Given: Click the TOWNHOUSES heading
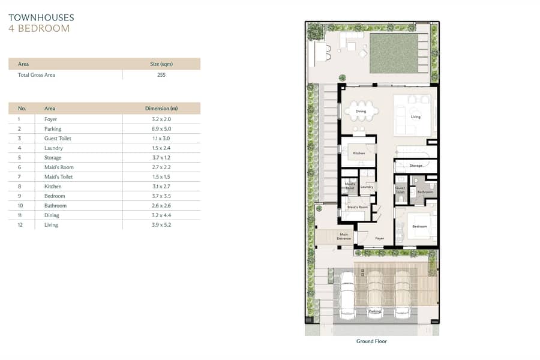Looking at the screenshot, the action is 41,17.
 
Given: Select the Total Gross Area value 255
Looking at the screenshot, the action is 161,75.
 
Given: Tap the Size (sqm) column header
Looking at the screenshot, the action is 161,64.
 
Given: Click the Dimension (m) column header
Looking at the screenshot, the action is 161,108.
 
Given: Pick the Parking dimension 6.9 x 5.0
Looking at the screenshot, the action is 161,128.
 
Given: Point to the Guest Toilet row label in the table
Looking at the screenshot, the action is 58,138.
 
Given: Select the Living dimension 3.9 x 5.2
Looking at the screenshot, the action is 161,224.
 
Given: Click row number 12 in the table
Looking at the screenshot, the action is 20,224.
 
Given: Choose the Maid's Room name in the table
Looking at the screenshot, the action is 59,167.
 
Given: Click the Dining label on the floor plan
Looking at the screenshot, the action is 361,111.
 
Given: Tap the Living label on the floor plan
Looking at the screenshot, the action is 416,117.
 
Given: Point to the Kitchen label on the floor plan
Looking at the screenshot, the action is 359,153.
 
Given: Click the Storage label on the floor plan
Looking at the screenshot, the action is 416,166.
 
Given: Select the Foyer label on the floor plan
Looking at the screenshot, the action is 380,238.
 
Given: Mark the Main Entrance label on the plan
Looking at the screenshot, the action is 344,236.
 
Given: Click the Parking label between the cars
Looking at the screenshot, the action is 375,311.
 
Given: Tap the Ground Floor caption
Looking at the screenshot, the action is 371,341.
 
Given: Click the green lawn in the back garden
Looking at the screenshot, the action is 394,53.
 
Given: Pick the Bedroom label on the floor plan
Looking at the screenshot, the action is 419,226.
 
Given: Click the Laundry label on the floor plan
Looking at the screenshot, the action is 367,187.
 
